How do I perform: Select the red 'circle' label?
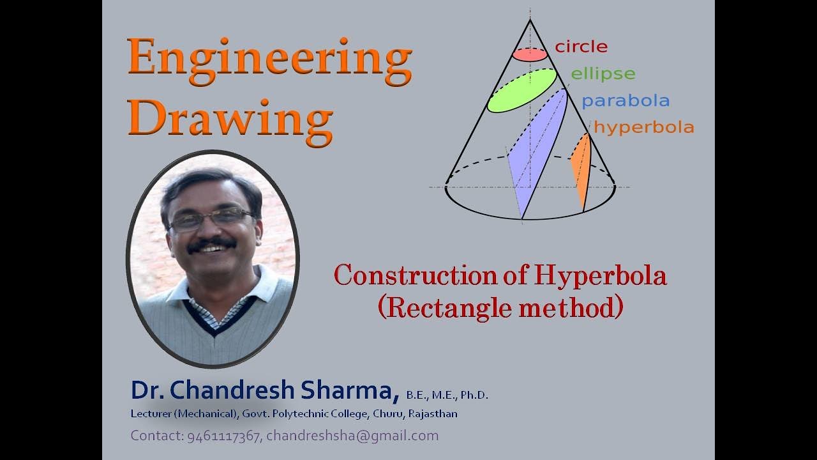pyautogui.click(x=581, y=47)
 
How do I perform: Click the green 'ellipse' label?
pyautogui.click(x=603, y=74)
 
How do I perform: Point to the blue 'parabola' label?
pyautogui.click(x=625, y=101)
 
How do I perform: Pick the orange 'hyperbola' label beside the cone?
pyautogui.click(x=643, y=127)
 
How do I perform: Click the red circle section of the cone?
pyautogui.click(x=530, y=54)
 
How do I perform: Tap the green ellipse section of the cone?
pyautogui.click(x=522, y=90)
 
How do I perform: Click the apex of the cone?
pyautogui.click(x=530, y=20)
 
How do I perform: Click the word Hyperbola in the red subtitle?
pyautogui.click(x=601, y=276)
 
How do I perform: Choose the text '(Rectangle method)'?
pyautogui.click(x=500, y=307)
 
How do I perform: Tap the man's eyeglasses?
pyautogui.click(x=211, y=218)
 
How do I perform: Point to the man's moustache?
pyautogui.click(x=211, y=243)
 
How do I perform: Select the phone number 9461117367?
pyautogui.click(x=224, y=436)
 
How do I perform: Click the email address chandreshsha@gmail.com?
pyautogui.click(x=352, y=436)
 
